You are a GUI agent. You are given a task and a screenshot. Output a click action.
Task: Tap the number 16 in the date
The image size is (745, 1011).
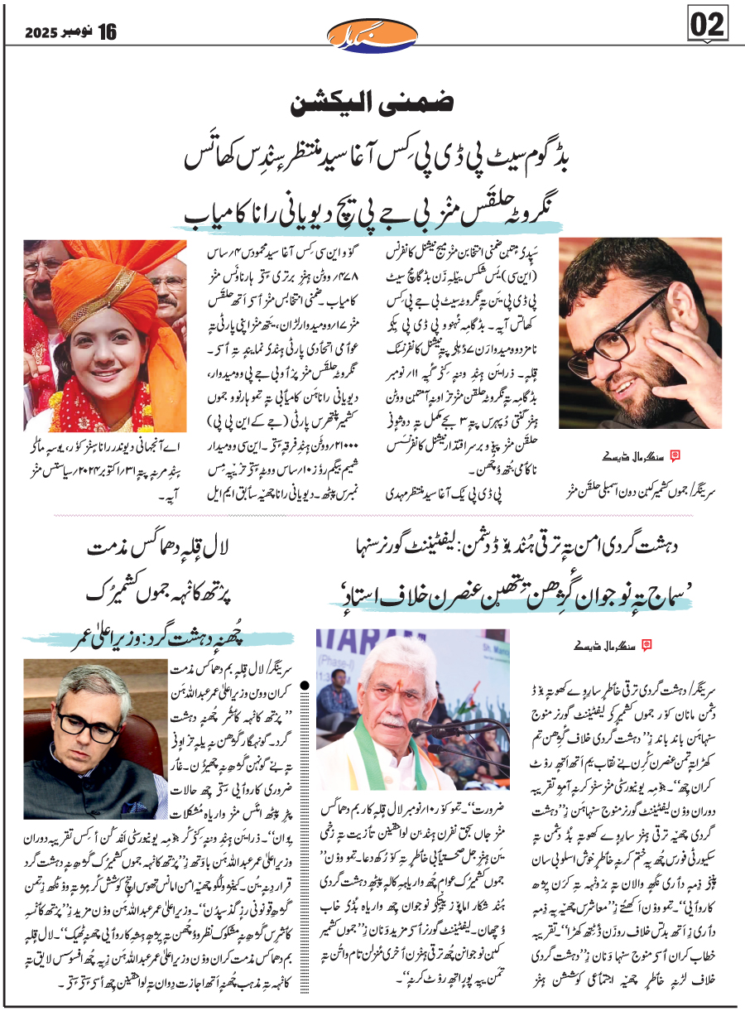pyautogui.click(x=108, y=33)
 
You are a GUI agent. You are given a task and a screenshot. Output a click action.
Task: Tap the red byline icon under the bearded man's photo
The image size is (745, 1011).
pyautogui.click(x=674, y=455)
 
